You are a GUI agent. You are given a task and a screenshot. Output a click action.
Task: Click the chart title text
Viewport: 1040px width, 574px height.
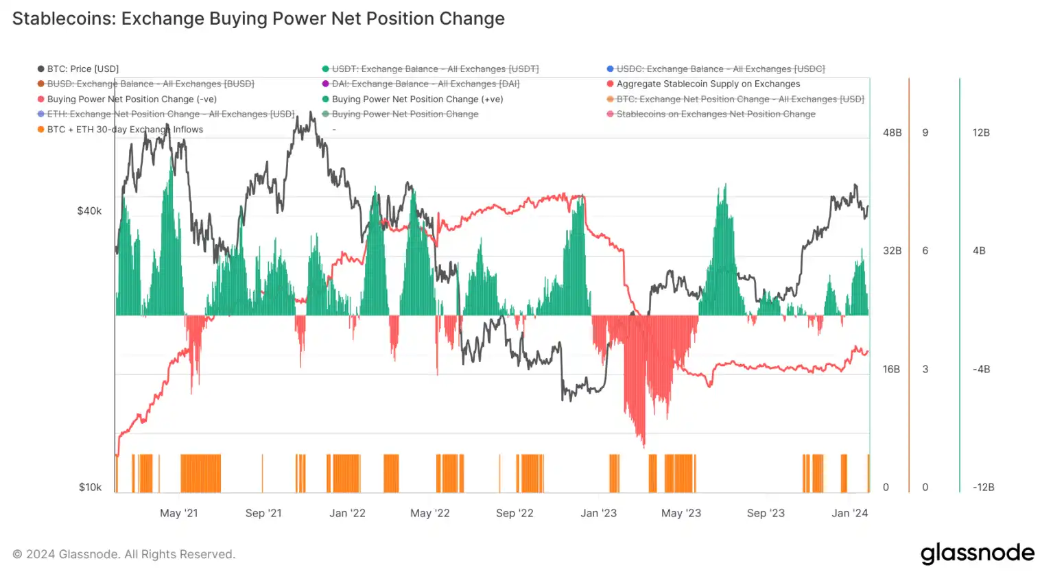point(258,19)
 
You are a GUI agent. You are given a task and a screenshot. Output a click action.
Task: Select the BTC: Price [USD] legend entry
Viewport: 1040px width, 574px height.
point(82,69)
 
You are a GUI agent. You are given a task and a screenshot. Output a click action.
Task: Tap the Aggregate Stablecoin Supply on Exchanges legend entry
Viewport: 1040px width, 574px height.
point(707,84)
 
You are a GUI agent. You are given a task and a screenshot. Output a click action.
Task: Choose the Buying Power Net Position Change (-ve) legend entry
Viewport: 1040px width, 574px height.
point(131,99)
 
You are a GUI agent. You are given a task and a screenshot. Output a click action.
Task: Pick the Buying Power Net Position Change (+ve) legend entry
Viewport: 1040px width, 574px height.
point(417,99)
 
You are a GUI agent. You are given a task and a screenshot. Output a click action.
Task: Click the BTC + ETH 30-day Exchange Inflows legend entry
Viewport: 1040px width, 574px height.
point(124,129)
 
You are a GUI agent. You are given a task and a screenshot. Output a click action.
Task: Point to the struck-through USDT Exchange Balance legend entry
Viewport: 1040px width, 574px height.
point(435,69)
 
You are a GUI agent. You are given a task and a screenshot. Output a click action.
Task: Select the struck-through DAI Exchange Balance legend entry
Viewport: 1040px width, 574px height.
point(425,84)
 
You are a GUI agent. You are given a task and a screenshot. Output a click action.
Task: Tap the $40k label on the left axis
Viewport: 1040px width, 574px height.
point(89,211)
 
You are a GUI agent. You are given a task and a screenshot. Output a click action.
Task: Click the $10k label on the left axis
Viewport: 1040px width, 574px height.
point(90,487)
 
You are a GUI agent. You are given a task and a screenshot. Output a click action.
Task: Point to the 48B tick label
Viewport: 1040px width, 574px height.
point(892,132)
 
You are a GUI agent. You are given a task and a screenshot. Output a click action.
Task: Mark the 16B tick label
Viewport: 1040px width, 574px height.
point(891,369)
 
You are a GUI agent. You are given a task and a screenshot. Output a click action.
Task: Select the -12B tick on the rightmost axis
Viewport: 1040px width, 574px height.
point(983,487)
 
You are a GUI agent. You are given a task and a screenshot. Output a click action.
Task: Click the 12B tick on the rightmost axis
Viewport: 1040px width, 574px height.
point(981,132)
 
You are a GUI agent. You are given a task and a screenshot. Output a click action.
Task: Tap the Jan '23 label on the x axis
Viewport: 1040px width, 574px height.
point(598,513)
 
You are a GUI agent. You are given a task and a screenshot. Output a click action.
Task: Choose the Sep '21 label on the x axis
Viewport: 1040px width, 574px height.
point(263,513)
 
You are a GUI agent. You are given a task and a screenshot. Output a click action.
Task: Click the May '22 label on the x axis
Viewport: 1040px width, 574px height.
point(429,513)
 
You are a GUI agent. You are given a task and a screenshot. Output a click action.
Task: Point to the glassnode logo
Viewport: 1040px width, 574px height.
point(977,553)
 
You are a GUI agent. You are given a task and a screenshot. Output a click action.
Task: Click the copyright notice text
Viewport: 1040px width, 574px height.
point(123,554)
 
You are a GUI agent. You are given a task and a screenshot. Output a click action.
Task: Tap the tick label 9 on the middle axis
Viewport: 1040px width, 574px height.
point(925,132)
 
